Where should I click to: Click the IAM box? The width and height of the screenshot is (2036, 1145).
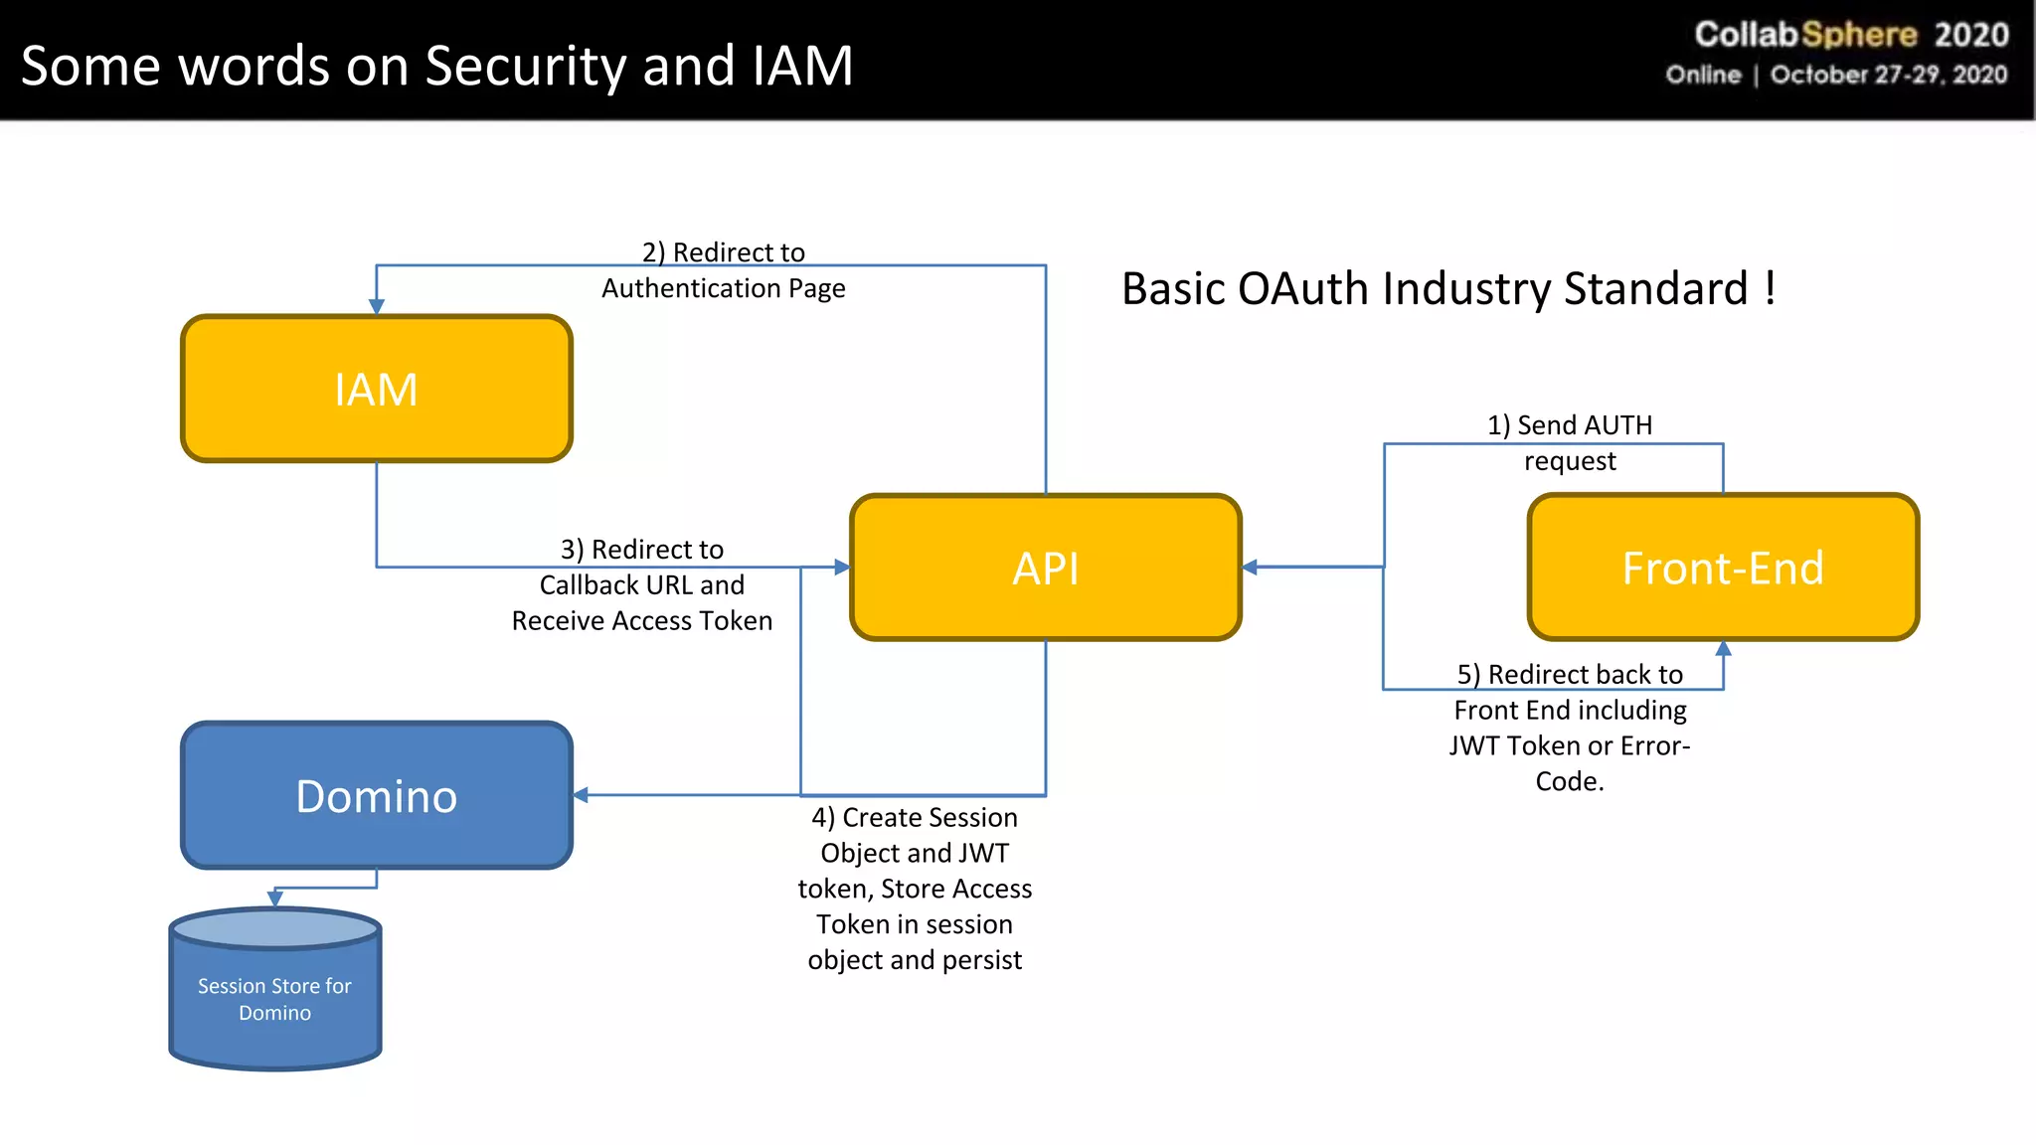376,389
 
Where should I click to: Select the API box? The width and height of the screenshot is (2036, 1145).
1045,568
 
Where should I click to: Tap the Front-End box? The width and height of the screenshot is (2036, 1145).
1722,568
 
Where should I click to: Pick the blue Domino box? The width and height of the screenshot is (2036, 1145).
376,795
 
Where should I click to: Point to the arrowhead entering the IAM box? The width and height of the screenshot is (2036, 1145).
376,306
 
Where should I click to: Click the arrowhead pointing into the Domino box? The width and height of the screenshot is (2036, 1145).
582,795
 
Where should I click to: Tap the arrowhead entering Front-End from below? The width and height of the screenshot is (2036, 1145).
1723,649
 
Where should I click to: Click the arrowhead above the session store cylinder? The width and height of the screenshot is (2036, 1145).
275,899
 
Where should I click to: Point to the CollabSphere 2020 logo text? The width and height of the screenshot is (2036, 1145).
1851,35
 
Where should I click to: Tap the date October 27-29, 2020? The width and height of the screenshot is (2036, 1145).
1888,76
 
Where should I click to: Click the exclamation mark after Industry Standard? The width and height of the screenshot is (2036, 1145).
1771,288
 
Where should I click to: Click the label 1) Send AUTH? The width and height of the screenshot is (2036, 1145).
1569,425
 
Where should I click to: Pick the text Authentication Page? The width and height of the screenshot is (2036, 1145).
723,288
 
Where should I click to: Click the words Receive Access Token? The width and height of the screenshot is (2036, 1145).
641,621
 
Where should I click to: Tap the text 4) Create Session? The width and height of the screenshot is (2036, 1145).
914,818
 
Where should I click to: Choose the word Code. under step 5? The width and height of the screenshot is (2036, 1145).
1569,781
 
